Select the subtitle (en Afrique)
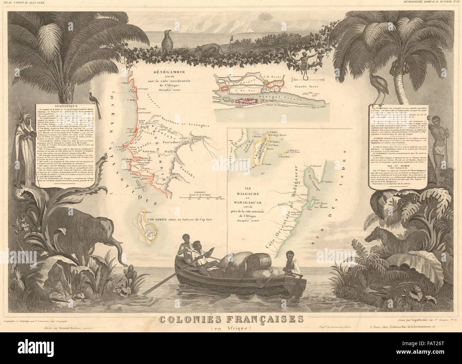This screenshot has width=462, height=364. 231,328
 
